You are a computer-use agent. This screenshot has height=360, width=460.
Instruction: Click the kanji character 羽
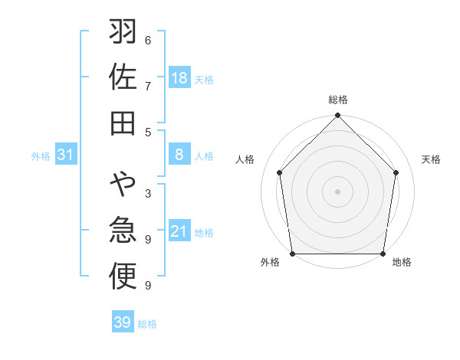123,34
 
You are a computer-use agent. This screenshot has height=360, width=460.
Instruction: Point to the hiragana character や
123,185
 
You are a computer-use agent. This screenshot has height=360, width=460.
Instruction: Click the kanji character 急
123,231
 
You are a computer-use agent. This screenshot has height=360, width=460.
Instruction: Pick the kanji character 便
123,277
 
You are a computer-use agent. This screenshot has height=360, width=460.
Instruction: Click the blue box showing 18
179,78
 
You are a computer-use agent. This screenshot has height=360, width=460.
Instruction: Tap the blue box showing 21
179,231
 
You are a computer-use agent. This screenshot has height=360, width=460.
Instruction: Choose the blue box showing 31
65,155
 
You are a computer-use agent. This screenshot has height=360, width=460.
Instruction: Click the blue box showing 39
122,322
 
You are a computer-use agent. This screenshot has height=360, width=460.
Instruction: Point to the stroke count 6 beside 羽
148,40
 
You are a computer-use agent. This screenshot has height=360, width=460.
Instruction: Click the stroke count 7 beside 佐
148,85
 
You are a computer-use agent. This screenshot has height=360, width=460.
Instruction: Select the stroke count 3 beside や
148,193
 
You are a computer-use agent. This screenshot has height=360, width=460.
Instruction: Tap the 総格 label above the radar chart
338,100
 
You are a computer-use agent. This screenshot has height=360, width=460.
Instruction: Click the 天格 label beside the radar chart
431,159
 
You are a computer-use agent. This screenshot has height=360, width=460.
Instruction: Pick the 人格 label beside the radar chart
245,159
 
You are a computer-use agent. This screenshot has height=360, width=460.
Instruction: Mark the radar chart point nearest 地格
383,254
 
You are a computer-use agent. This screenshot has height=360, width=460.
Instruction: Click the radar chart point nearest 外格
293,254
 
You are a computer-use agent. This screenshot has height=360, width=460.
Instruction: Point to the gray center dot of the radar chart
338,191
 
